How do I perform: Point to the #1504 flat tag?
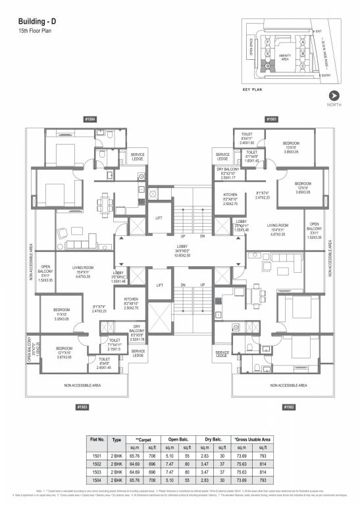point(90,119)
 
